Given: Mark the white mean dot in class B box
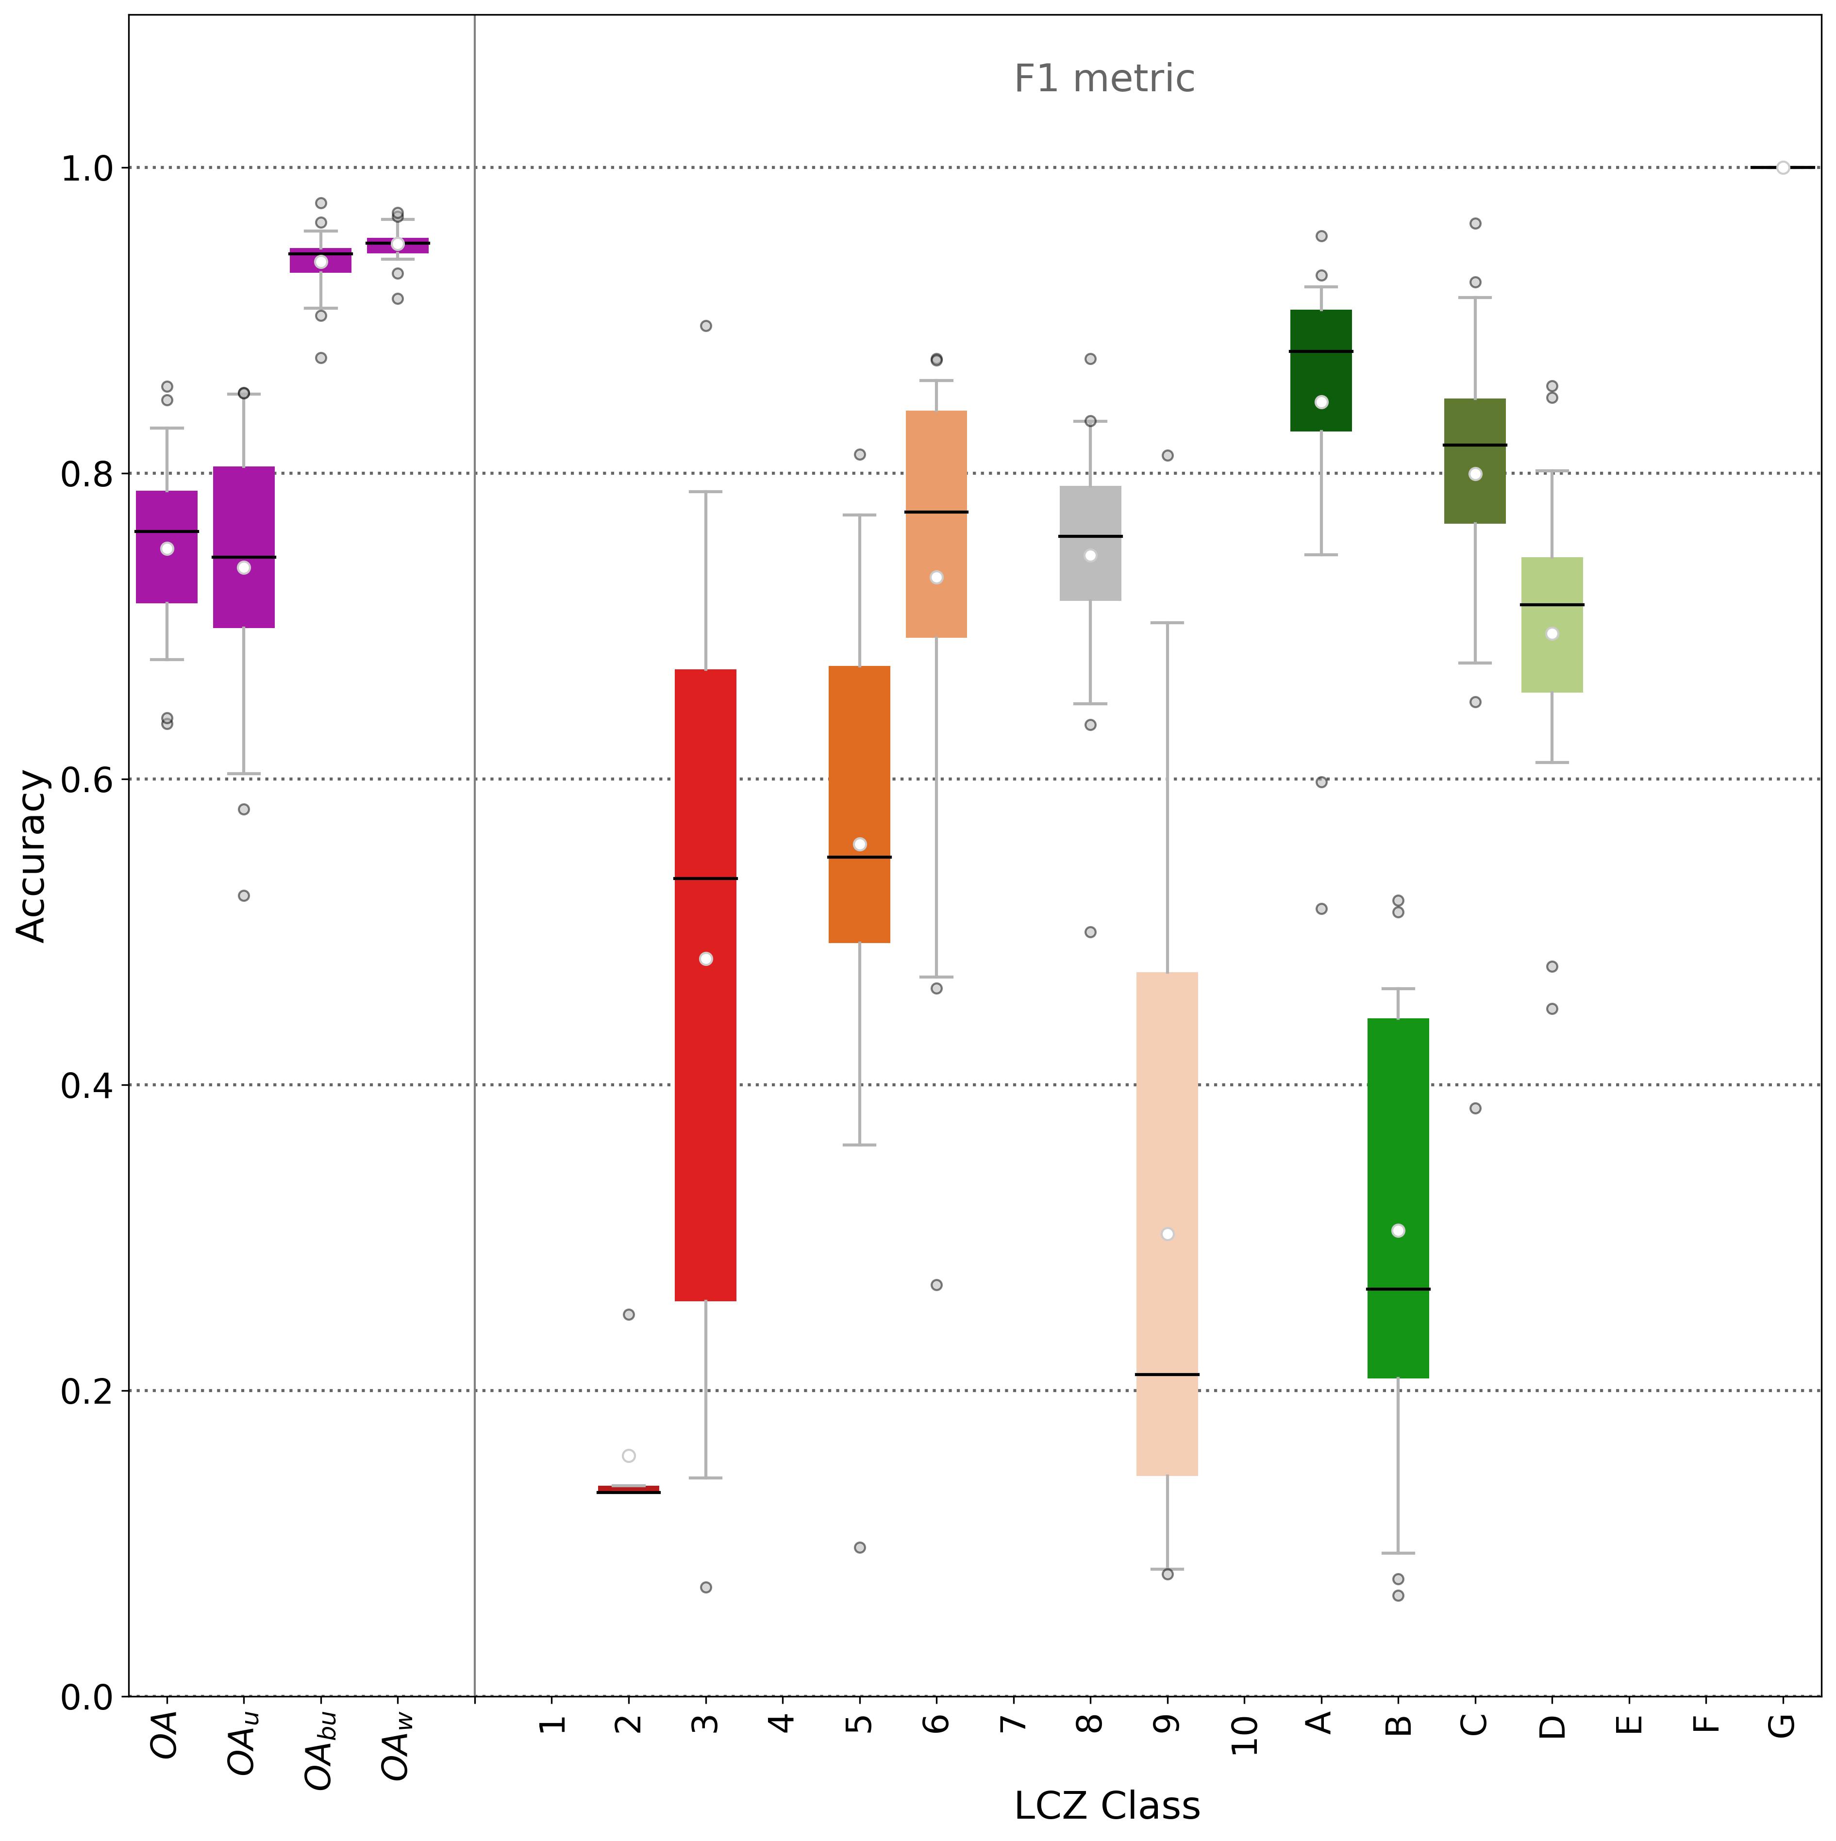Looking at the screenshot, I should (1398, 1230).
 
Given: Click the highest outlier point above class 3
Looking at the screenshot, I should (705, 326).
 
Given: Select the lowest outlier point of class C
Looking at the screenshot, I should (1475, 1108).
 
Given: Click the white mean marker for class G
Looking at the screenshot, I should (1782, 168).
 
